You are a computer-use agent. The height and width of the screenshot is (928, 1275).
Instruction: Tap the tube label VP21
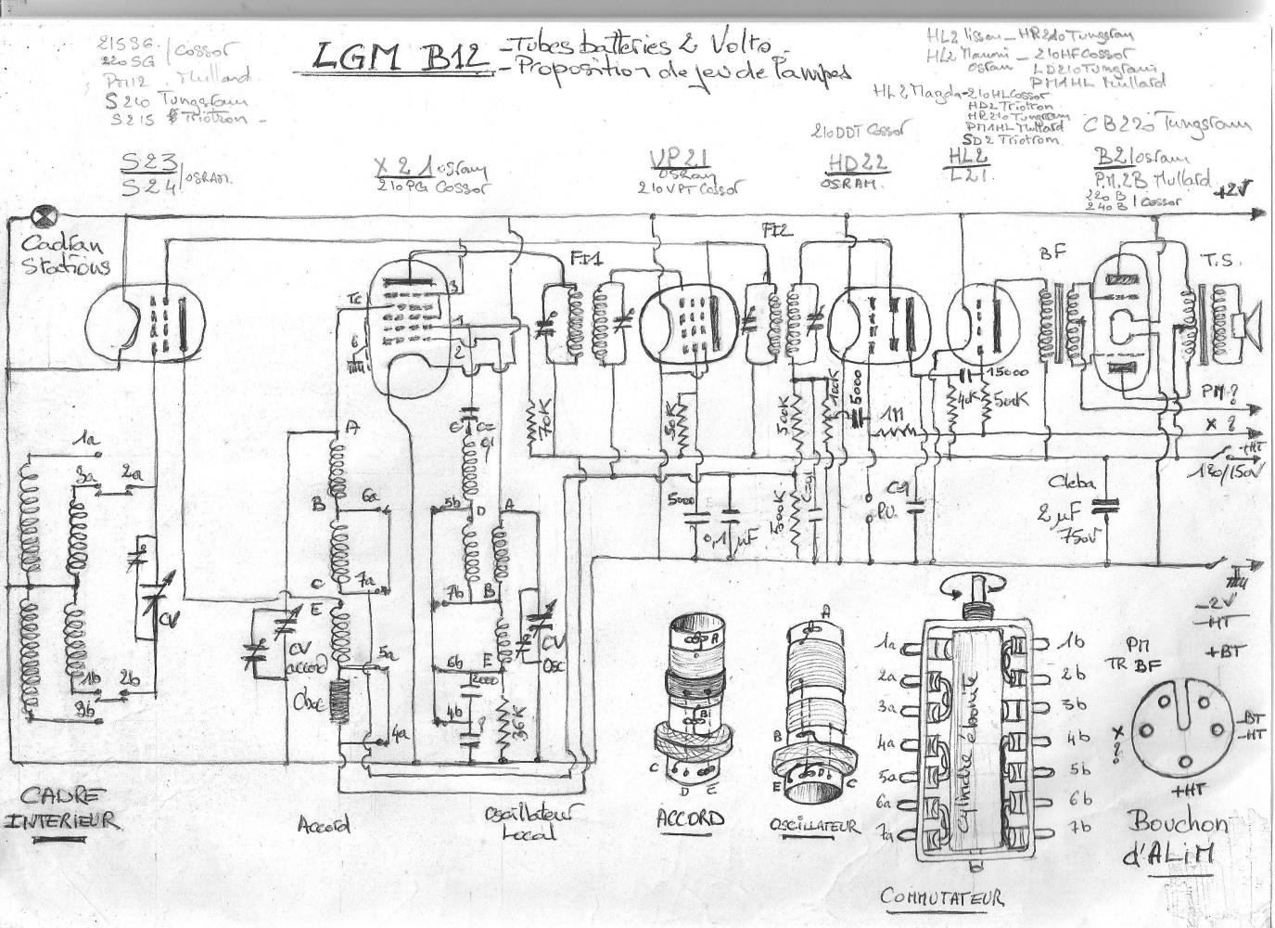675,160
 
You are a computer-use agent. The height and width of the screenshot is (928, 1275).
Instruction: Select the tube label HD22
856,161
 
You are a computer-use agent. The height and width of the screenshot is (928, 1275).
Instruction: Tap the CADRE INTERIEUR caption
63,808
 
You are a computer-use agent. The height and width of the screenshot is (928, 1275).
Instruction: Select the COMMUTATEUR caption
941,897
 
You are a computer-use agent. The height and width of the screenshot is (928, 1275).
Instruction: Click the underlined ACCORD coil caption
690,818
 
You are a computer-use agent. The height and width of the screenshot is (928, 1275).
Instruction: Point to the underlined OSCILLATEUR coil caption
814,825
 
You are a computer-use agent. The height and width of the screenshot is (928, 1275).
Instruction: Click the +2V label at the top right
1232,189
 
